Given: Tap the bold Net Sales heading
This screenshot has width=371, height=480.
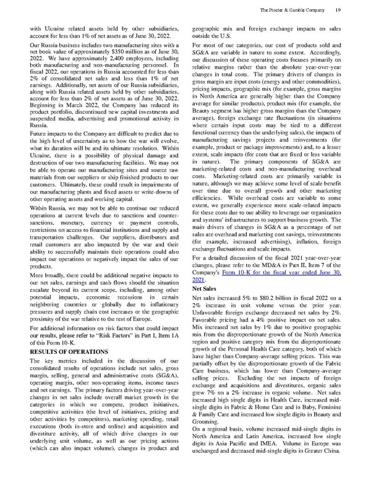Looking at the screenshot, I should pyautogui.click(x=204, y=288).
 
